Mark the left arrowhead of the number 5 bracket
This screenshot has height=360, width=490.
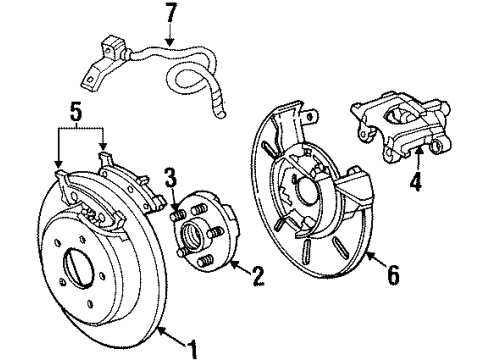tap(58, 166)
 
